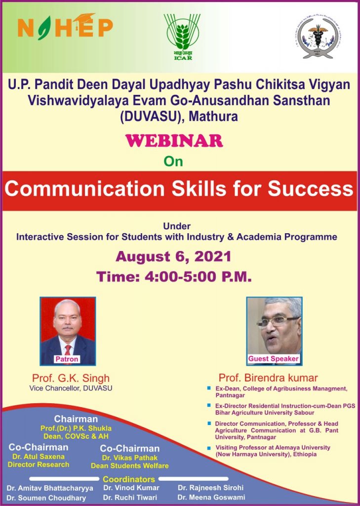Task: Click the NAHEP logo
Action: tap(65, 27)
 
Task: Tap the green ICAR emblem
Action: tap(182, 37)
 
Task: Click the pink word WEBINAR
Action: tap(174, 141)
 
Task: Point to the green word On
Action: tap(173, 162)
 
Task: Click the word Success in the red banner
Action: tap(310, 189)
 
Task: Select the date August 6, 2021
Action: tap(173, 256)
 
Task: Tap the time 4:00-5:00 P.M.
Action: tap(173, 277)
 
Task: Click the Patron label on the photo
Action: tap(67, 359)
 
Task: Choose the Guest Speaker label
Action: tap(274, 359)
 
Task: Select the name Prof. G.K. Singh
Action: tap(71, 378)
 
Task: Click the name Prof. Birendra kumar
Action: tap(268, 378)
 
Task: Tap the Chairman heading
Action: tap(76, 419)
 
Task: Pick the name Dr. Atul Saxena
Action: tap(39, 457)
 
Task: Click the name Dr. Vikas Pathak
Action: tap(130, 458)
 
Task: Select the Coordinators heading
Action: tap(129, 479)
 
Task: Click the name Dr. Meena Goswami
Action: tap(211, 497)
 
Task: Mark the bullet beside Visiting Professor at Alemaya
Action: tap(209, 448)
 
